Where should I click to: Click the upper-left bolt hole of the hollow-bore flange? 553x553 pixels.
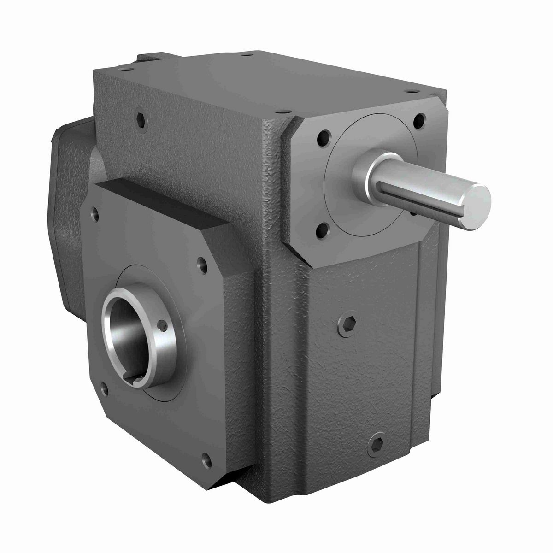click(x=95, y=214)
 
